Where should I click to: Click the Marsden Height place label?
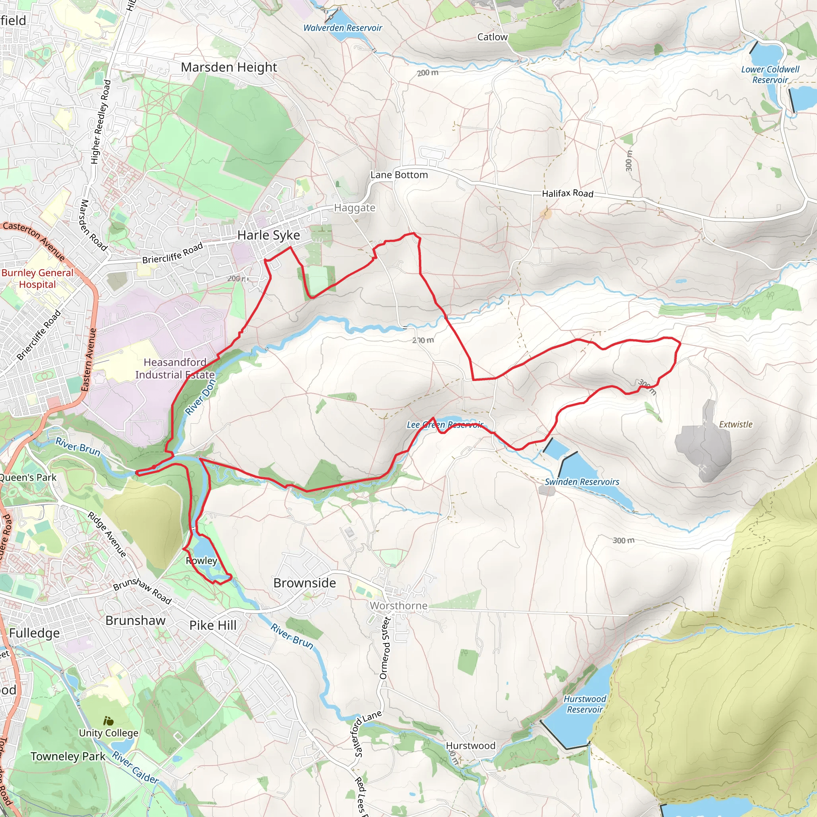coord(229,68)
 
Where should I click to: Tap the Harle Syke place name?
coord(268,235)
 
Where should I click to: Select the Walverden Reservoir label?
coord(343,28)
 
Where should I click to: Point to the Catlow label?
coord(492,37)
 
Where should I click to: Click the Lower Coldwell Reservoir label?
coord(770,75)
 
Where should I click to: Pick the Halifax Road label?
coord(568,193)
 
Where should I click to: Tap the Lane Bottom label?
coord(399,175)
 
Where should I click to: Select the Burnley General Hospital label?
coord(37,278)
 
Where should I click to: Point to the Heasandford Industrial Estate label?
coord(175,368)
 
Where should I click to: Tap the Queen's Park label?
coord(28,478)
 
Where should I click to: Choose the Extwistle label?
coord(735,424)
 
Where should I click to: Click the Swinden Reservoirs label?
coord(582,482)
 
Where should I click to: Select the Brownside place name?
coord(304,583)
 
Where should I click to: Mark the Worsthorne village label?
coord(399,606)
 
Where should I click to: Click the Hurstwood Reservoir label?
coord(584,704)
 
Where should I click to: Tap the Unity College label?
coord(109,733)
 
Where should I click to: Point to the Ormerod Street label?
coord(385,648)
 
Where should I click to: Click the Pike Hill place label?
coord(213,625)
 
